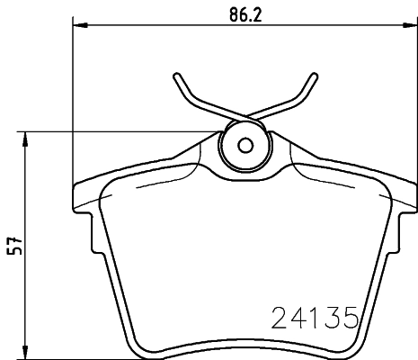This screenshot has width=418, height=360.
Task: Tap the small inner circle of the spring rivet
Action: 245,146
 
